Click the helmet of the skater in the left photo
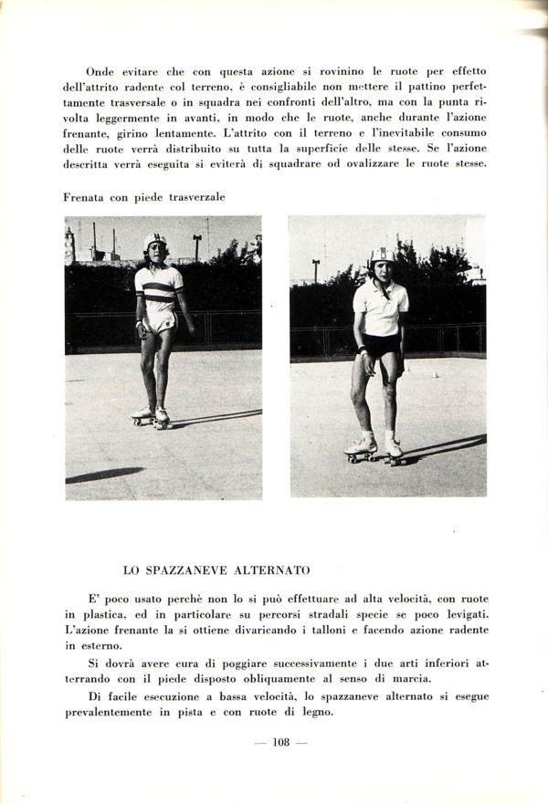pos(154,241)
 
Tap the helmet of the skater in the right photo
pos(381,256)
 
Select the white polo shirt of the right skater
pos(380,308)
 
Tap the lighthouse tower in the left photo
pos(69,245)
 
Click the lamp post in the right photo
pos(316,269)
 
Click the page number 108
pos(280,742)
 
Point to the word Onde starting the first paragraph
pos(100,70)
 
